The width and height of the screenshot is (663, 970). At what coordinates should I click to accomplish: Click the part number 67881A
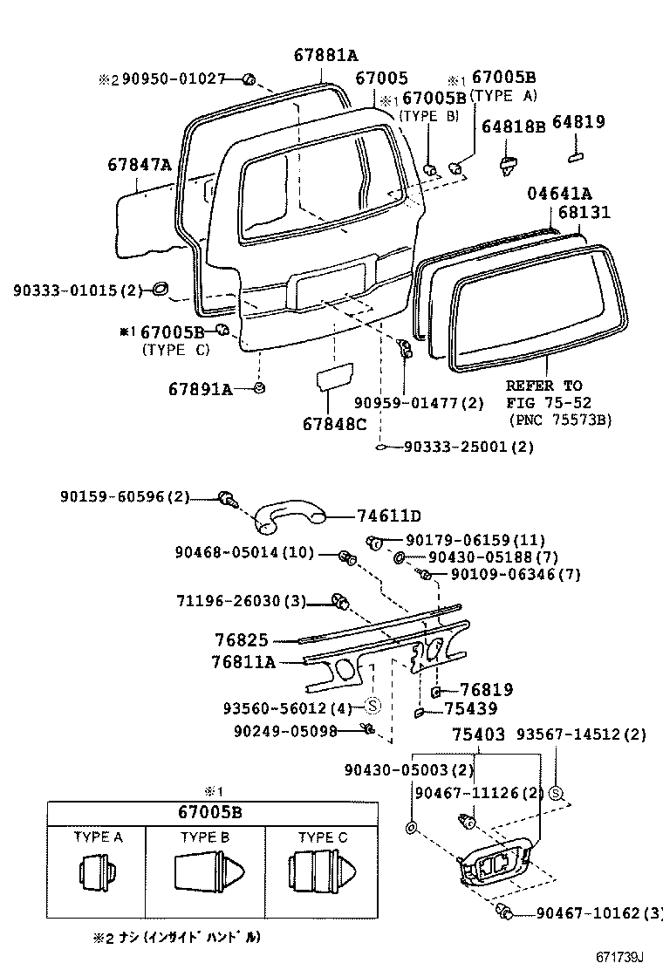click(x=325, y=56)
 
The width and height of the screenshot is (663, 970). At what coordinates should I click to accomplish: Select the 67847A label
click(x=140, y=164)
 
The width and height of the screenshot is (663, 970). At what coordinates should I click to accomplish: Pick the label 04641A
click(x=559, y=194)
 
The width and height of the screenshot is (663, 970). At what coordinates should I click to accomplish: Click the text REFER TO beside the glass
click(x=544, y=386)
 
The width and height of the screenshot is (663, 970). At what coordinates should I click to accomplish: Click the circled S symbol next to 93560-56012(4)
click(x=371, y=706)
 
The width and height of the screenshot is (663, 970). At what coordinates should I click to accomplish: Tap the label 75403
click(x=478, y=735)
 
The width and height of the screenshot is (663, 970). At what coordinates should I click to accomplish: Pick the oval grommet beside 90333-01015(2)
click(x=160, y=290)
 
